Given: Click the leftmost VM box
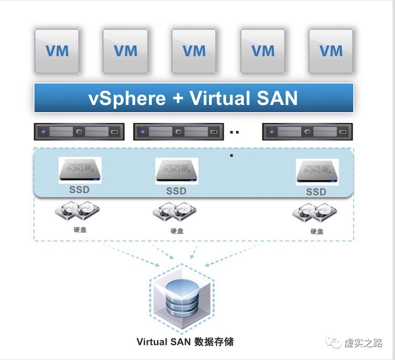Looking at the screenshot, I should tap(57, 51).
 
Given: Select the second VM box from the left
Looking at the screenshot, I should tap(125, 51).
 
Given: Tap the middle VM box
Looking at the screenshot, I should tap(194, 51).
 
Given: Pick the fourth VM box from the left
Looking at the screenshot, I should tap(263, 51).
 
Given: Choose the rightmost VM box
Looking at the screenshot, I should tap(331, 51).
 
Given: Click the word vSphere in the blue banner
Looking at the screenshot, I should tap(127, 98).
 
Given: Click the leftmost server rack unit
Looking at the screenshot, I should tap(79, 132).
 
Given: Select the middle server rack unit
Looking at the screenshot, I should tap(178, 132).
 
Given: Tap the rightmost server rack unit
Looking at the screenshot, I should tap(307, 132).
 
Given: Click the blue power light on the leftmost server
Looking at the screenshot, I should tap(43, 132).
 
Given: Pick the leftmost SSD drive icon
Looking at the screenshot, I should tap(80, 170).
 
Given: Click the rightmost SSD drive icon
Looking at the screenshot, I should tap(317, 172).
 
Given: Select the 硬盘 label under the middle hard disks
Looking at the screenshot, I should tap(177, 231).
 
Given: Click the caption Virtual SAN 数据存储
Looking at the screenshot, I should tap(185, 342).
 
